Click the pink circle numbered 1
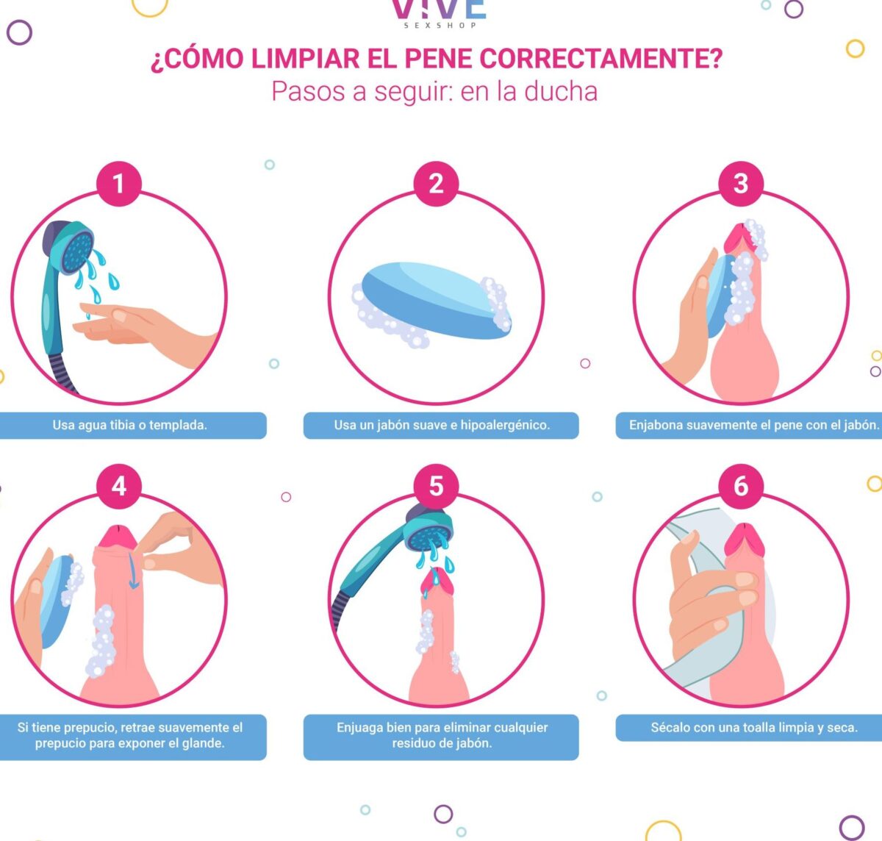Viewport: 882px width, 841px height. (x=119, y=184)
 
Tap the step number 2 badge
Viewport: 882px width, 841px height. (x=436, y=184)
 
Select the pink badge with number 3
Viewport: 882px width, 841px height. (x=741, y=184)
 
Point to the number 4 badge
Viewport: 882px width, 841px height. (x=119, y=487)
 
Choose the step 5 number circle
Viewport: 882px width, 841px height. (x=436, y=487)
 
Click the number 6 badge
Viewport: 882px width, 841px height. (x=741, y=487)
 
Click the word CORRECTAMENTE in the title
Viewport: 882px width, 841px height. (x=600, y=58)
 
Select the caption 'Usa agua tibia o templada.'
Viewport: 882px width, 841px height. (x=129, y=425)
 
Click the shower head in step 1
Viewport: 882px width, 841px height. (x=70, y=246)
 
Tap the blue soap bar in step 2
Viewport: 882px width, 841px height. (x=436, y=300)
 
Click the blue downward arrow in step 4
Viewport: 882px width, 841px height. (x=133, y=570)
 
